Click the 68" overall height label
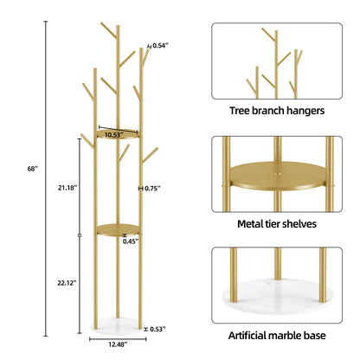click(x=33, y=169)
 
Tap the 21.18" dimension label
click(x=67, y=188)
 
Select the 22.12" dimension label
click(x=67, y=283)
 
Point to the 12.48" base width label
click(x=118, y=344)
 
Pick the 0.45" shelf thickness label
click(x=131, y=241)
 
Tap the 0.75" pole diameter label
click(x=152, y=189)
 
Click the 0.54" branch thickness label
click(x=160, y=45)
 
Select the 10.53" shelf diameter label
click(x=114, y=135)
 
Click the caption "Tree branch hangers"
click(x=277, y=111)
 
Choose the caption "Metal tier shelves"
click(x=277, y=224)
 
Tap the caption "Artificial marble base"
click(x=277, y=336)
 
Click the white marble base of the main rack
click(x=118, y=326)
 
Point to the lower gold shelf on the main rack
click(x=118, y=230)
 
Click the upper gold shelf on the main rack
click(x=118, y=134)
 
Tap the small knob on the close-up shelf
click(x=278, y=174)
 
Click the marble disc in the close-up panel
click(x=277, y=295)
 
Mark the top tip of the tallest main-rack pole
click(x=118, y=26)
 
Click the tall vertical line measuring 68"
click(x=46, y=179)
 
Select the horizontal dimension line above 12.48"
click(x=118, y=339)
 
